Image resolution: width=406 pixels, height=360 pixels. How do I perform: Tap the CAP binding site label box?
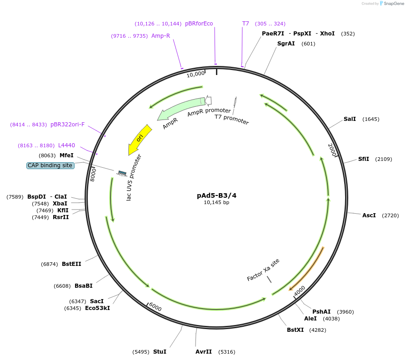click(50, 165)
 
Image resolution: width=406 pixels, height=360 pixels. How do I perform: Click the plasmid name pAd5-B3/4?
click(216, 195)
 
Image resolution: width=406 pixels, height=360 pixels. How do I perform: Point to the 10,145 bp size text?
click(216, 203)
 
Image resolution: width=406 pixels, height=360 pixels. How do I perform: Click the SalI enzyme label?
click(350, 119)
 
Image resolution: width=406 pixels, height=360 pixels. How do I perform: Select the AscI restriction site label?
click(369, 215)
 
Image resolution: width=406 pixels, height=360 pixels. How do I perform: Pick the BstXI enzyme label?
click(295, 330)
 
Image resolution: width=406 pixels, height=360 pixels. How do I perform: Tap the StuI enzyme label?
click(160, 352)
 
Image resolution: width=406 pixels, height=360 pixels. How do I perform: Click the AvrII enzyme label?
click(204, 352)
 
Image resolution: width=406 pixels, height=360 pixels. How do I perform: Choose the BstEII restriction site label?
click(71, 264)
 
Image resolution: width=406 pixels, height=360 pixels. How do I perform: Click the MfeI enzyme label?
click(66, 155)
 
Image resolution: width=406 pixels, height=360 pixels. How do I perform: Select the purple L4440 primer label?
click(66, 145)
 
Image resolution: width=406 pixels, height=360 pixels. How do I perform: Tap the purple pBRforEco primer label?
click(199, 24)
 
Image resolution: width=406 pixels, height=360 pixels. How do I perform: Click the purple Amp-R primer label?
click(160, 35)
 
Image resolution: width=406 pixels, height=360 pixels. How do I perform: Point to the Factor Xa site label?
click(263, 270)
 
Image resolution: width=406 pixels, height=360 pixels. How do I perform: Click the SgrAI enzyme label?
click(286, 44)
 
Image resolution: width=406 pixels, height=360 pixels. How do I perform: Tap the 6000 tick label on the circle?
click(155, 307)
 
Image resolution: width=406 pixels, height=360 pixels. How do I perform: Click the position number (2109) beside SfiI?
click(383, 159)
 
